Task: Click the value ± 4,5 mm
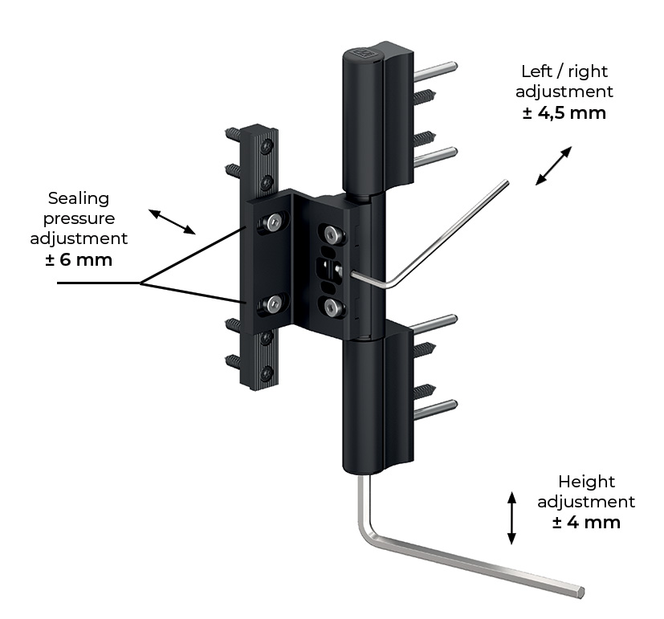point(564,113)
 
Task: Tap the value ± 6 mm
point(79,259)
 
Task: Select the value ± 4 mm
point(586,522)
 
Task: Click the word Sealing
point(79,198)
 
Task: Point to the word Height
point(586,482)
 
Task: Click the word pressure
point(79,219)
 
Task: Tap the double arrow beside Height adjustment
point(511,517)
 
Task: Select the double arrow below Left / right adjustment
point(553,165)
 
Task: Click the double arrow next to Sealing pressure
point(172,222)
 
